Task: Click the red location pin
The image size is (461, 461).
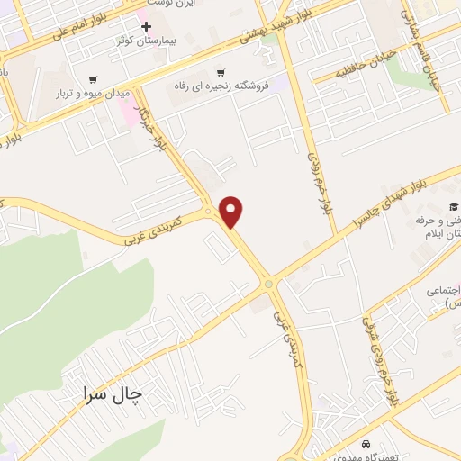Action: click(232, 211)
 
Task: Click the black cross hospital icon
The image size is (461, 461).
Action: click(146, 25)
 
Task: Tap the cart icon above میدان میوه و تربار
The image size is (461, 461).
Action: click(95, 78)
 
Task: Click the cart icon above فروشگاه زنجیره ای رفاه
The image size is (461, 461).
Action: click(220, 72)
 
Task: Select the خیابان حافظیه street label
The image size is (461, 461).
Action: click(363, 67)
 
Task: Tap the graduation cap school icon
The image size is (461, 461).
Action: click(454, 206)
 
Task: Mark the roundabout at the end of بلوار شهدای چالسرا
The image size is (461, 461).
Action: click(269, 284)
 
